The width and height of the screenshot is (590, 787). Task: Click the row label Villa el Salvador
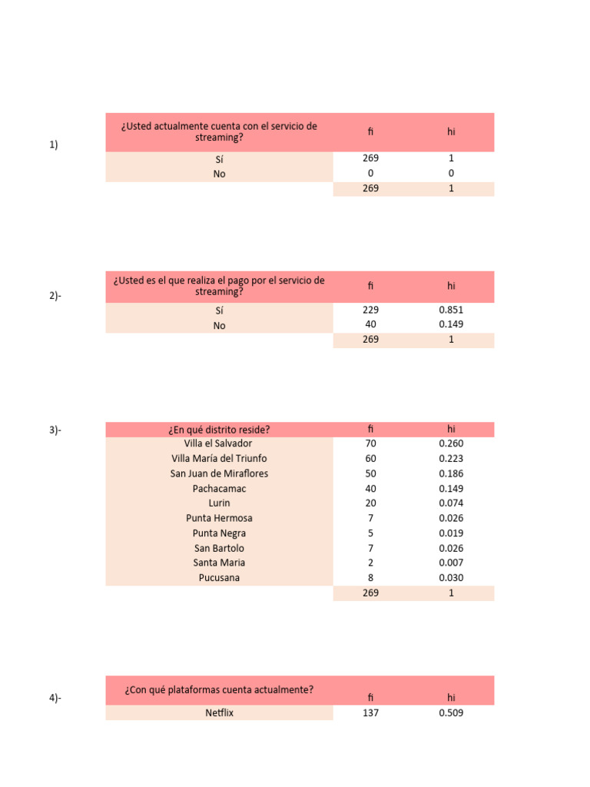[x=218, y=443]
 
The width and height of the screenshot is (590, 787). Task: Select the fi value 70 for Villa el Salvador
[x=370, y=443]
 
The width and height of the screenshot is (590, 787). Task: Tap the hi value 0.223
[x=451, y=459]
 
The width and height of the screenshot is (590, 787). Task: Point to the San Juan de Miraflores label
[x=219, y=473]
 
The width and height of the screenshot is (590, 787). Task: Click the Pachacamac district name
[x=219, y=489]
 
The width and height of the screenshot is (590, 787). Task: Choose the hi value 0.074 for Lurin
[x=451, y=503]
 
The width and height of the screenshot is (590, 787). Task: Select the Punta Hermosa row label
[x=219, y=518]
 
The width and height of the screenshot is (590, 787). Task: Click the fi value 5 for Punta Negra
[x=370, y=533]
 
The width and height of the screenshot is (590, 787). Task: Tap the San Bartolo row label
[x=219, y=548]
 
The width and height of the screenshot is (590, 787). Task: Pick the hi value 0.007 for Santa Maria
[x=451, y=563]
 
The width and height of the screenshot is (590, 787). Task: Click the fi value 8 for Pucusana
[x=370, y=578]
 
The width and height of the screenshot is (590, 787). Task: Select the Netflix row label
[x=219, y=713]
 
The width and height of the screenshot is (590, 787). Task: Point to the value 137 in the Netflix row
[x=370, y=713]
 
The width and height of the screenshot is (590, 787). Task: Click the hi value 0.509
[x=451, y=713]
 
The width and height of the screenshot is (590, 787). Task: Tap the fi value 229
[x=370, y=310]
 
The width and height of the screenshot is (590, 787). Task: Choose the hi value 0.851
[x=451, y=310]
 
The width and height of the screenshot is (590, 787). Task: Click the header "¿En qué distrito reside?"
[x=219, y=429]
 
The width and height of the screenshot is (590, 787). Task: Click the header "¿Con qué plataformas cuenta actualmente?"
[x=219, y=690]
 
